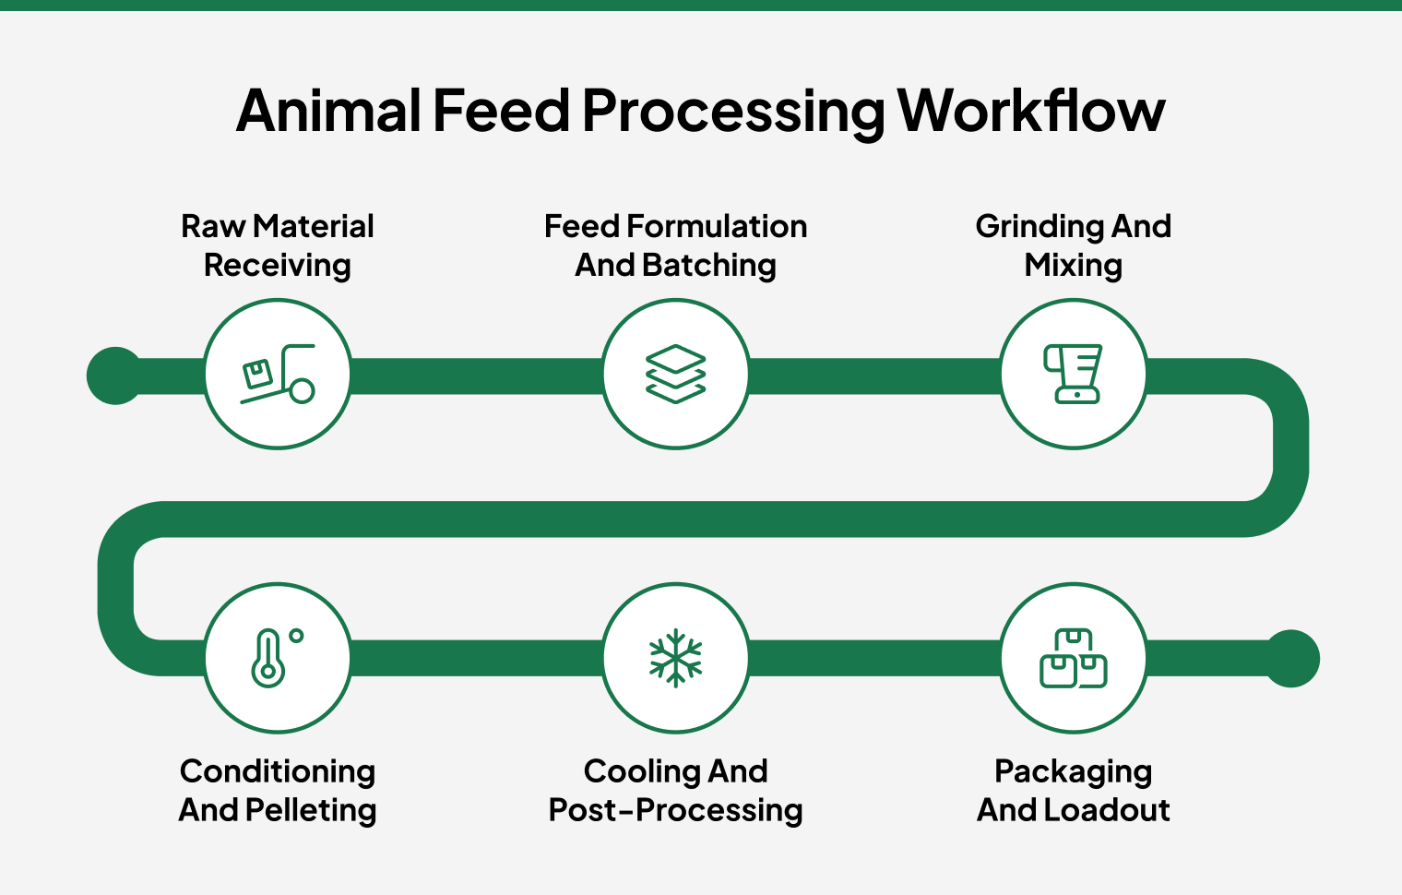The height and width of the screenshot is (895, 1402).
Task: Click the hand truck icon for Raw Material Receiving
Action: click(x=278, y=375)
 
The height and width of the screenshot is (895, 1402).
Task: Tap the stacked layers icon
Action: click(x=676, y=375)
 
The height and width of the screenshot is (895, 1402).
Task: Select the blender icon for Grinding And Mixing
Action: click(x=1074, y=375)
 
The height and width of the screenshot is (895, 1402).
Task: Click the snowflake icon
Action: click(x=676, y=659)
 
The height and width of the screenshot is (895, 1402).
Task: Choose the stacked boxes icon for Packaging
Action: click(x=1074, y=659)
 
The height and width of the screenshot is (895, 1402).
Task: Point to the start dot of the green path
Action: click(x=115, y=376)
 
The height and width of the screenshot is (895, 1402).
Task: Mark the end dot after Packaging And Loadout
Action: click(x=1291, y=659)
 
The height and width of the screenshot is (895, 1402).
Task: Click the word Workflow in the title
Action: click(x=1031, y=112)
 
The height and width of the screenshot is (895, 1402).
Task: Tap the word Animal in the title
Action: click(x=328, y=112)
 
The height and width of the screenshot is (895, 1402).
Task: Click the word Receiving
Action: click(x=278, y=266)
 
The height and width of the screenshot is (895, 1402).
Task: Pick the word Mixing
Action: click(x=1074, y=266)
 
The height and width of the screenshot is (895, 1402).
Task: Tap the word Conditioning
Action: click(x=278, y=771)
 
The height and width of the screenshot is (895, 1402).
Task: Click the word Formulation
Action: click(x=717, y=227)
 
